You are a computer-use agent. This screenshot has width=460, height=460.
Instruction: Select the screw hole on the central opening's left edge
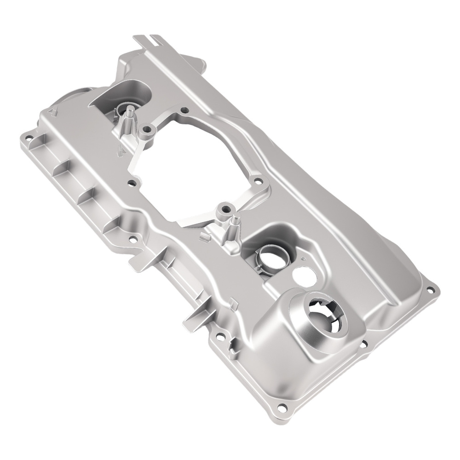pos(132,183)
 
